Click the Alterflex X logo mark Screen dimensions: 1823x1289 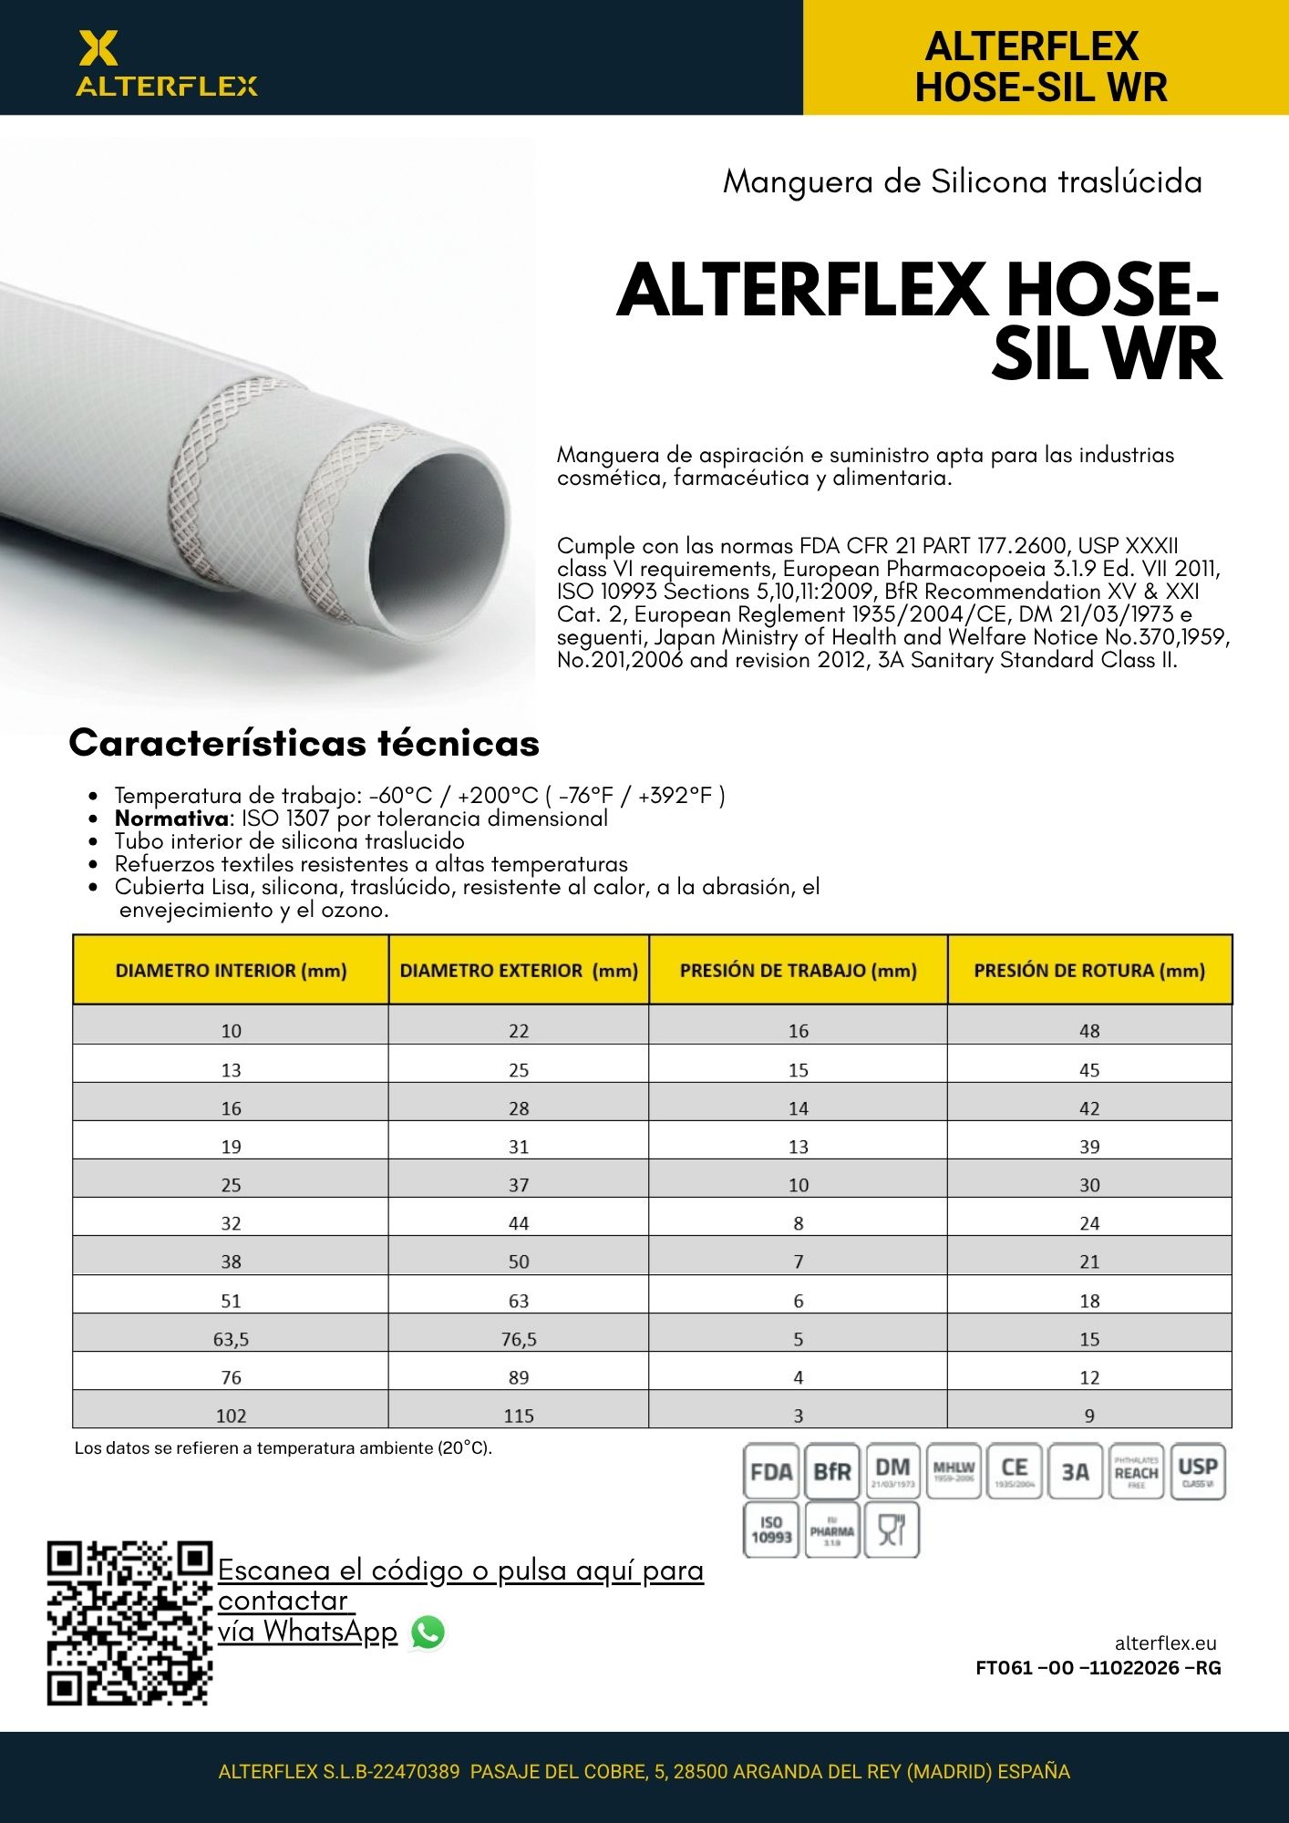(98, 48)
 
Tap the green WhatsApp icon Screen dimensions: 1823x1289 (428, 1632)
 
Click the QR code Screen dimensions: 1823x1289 (129, 1622)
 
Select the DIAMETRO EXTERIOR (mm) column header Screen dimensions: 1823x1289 (519, 971)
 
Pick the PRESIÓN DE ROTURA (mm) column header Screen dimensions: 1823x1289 (1089, 971)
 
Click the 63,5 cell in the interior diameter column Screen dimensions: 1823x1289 (231, 1339)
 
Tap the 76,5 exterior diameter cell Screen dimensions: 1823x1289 (519, 1339)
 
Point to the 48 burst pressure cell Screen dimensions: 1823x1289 (1089, 1031)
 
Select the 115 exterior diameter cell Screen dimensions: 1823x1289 (519, 1416)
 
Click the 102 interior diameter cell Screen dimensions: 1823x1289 (231, 1416)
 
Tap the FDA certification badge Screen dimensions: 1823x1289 (771, 1471)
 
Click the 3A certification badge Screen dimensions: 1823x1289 (1076, 1471)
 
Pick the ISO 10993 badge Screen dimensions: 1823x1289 (771, 1529)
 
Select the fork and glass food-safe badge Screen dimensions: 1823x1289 (892, 1529)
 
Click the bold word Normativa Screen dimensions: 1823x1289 (170, 819)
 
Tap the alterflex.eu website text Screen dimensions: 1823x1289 (1165, 1643)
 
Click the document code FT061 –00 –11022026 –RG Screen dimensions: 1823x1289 (1098, 1668)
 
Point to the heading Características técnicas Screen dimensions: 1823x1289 (304, 743)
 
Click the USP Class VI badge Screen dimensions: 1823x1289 (1197, 1471)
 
